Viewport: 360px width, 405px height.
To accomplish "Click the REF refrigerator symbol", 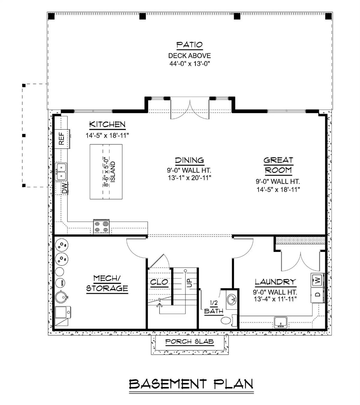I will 62,139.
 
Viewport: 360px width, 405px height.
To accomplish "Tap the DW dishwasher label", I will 64,188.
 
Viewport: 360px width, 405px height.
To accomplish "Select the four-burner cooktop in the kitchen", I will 101,227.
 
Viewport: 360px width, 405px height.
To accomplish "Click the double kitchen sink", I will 61,171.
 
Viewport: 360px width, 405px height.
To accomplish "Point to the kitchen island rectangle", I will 106,171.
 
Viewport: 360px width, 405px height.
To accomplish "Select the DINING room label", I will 189,160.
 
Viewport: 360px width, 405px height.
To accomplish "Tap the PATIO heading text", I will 189,45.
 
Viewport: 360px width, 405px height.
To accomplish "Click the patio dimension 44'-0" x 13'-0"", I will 189,64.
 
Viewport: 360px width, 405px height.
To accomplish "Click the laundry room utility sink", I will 281,322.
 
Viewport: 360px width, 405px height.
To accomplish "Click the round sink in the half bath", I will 231,299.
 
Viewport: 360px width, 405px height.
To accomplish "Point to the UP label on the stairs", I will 189,282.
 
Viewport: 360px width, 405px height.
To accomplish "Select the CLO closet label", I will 159,283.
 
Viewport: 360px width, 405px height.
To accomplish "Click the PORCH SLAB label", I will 189,341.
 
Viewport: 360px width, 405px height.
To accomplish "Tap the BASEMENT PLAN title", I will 191,384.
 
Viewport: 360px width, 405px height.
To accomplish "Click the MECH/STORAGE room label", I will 107,283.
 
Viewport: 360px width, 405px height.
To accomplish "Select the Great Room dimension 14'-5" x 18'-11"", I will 278,189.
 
